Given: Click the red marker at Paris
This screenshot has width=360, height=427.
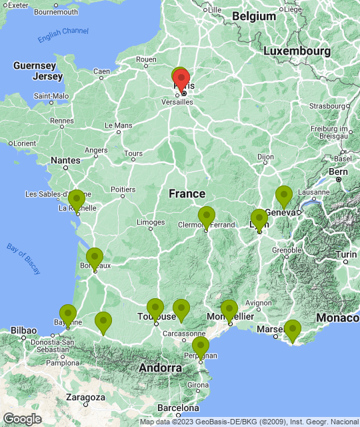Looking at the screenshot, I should pyautogui.click(x=181, y=80).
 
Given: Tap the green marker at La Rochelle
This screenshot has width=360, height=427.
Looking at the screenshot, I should pyautogui.click(x=77, y=200).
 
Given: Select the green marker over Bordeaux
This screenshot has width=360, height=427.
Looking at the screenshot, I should pyautogui.click(x=95, y=258).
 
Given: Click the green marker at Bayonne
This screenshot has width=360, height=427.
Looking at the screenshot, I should pyautogui.click(x=68, y=314).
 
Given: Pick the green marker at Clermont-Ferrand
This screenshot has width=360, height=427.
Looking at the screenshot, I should pyautogui.click(x=207, y=217).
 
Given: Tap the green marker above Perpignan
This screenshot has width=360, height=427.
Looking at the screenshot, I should pyautogui.click(x=201, y=347).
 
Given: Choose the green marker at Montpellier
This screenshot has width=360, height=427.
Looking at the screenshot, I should pyautogui.click(x=229, y=310).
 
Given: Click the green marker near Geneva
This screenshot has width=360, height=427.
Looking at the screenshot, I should pyautogui.click(x=284, y=196).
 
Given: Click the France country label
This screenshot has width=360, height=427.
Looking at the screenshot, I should pyautogui.click(x=187, y=193).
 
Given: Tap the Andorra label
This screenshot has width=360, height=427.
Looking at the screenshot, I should pyautogui.click(x=160, y=368).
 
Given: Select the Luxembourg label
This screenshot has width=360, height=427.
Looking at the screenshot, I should pyautogui.click(x=297, y=51).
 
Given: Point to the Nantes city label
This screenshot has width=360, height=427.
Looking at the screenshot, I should pyautogui.click(x=65, y=160).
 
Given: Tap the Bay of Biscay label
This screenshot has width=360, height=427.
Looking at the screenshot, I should pyautogui.click(x=24, y=258).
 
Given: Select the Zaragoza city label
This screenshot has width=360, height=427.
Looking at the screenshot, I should pyautogui.click(x=85, y=397).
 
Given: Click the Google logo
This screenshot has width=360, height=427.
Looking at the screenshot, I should pyautogui.click(x=22, y=418).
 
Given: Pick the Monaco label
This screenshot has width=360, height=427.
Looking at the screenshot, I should pyautogui.click(x=338, y=318).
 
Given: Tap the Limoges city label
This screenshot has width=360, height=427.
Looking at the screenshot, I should pyautogui.click(x=150, y=222).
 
